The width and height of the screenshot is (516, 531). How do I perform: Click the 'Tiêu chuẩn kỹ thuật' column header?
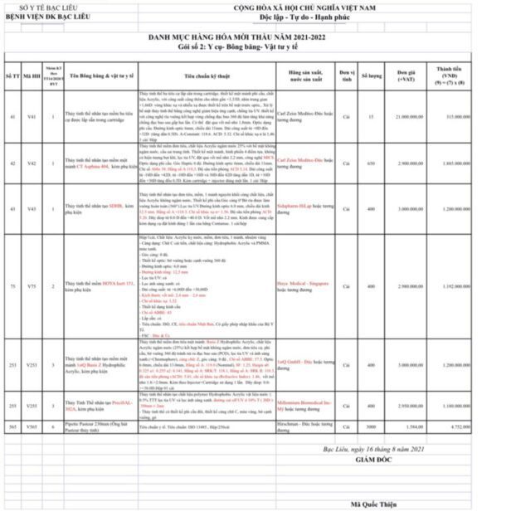(207, 74)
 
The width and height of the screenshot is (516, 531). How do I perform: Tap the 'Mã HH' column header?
(32, 75)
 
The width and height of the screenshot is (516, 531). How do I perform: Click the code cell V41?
(32, 117)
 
